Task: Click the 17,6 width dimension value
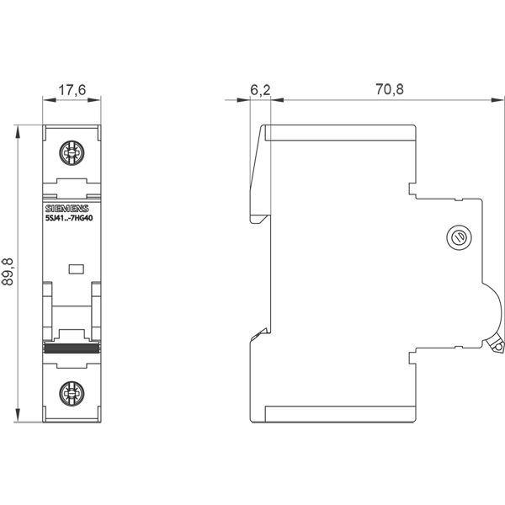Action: pos(72,90)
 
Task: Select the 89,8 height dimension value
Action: pos(8,272)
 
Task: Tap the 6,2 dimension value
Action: pos(260,90)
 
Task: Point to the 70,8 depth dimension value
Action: pos(390,89)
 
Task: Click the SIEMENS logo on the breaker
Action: pos(66,209)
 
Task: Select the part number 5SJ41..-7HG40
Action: pos(69,218)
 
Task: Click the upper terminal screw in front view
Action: pos(72,152)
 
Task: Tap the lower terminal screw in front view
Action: pos(72,394)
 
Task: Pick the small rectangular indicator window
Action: pos(77,269)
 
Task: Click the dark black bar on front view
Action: pos(72,348)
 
